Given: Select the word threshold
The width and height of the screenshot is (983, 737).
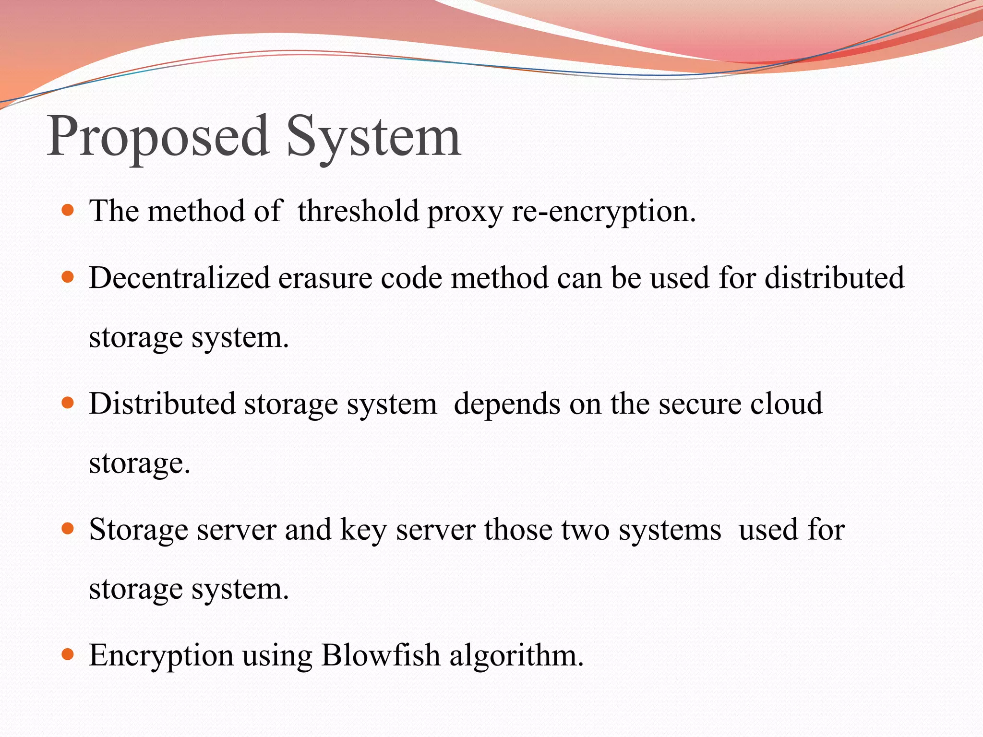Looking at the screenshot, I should (x=358, y=211).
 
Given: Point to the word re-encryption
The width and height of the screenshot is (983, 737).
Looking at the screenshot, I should (x=603, y=212).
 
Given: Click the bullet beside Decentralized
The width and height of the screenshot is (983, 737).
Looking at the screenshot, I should (x=68, y=277).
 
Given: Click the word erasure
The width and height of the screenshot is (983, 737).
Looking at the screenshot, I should (x=325, y=278).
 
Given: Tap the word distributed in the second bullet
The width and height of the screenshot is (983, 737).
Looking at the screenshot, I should (x=834, y=278).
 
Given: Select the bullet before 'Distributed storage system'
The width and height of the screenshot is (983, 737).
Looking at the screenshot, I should (x=68, y=403).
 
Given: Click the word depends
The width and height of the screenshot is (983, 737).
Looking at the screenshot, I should (x=507, y=404).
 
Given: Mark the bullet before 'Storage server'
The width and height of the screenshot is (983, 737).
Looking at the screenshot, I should (x=68, y=529).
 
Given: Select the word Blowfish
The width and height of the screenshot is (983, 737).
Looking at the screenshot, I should (x=381, y=655).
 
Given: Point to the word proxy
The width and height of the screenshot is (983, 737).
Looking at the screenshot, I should (x=465, y=212).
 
